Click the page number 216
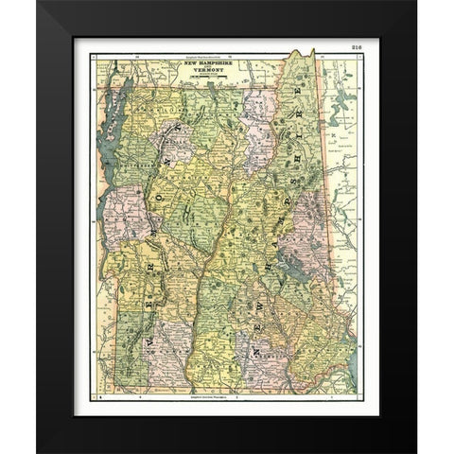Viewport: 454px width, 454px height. (x=356, y=44)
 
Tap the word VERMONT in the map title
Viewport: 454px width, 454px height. (x=204, y=78)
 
